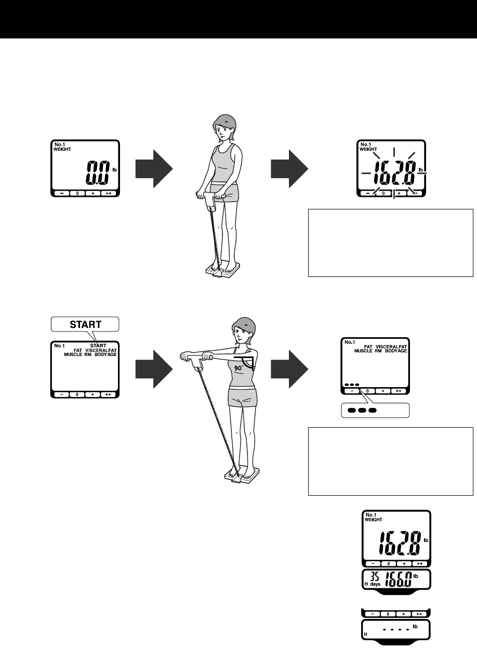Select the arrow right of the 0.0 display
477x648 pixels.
(x=154, y=171)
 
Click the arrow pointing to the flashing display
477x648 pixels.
(x=289, y=171)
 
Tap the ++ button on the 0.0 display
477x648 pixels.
(x=108, y=193)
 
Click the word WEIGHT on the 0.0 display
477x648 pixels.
(x=62, y=149)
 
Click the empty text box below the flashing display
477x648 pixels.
(x=390, y=243)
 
